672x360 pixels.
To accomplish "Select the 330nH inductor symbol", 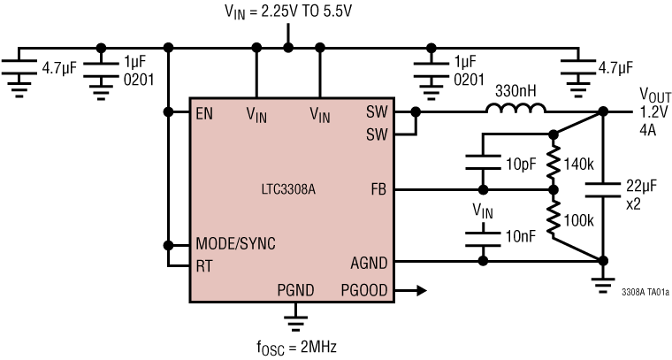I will coord(515,111).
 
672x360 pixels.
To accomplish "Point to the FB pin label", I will coord(378,189).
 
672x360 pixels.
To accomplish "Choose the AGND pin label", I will coord(370,262).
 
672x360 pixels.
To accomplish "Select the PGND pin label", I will coord(294,289).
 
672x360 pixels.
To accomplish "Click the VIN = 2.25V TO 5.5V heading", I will coord(286,13).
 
